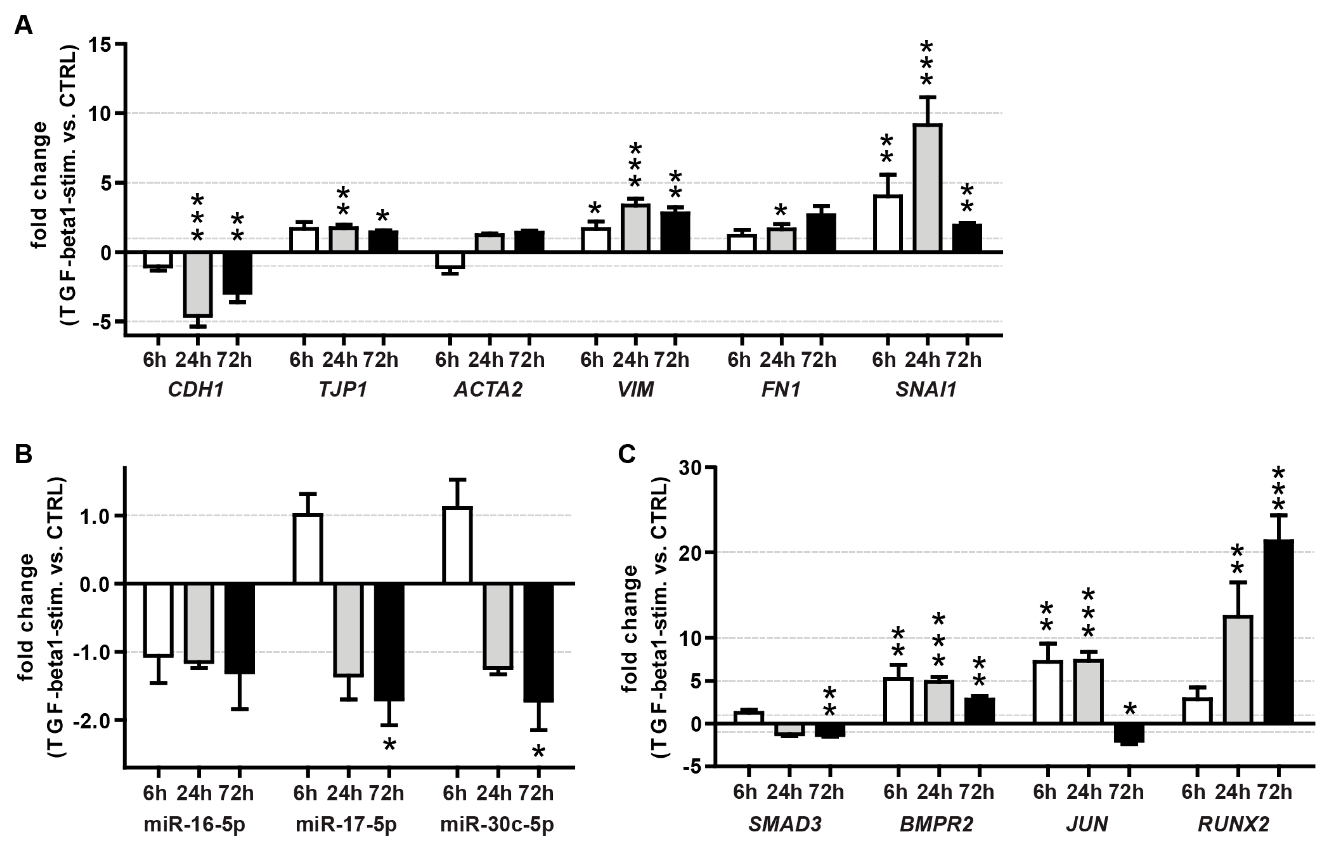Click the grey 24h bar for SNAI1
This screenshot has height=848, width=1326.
(927, 188)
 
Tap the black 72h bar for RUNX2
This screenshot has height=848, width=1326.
(1278, 631)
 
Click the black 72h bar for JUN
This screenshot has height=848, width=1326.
(1129, 733)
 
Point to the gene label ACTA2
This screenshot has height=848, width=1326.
(488, 390)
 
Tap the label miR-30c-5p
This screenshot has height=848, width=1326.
(497, 824)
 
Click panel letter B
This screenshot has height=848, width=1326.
(23, 455)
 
